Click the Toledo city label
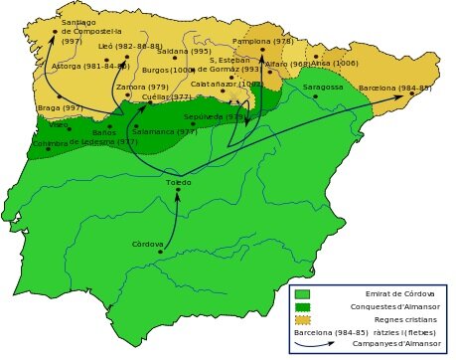179,182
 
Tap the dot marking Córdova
160,252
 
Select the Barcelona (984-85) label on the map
394,88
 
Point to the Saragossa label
323,87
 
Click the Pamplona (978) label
262,42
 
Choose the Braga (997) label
59,106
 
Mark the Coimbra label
50,142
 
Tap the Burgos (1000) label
167,71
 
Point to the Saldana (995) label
184,51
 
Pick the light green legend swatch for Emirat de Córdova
302,293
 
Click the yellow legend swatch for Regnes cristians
302,319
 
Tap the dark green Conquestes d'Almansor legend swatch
302,306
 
